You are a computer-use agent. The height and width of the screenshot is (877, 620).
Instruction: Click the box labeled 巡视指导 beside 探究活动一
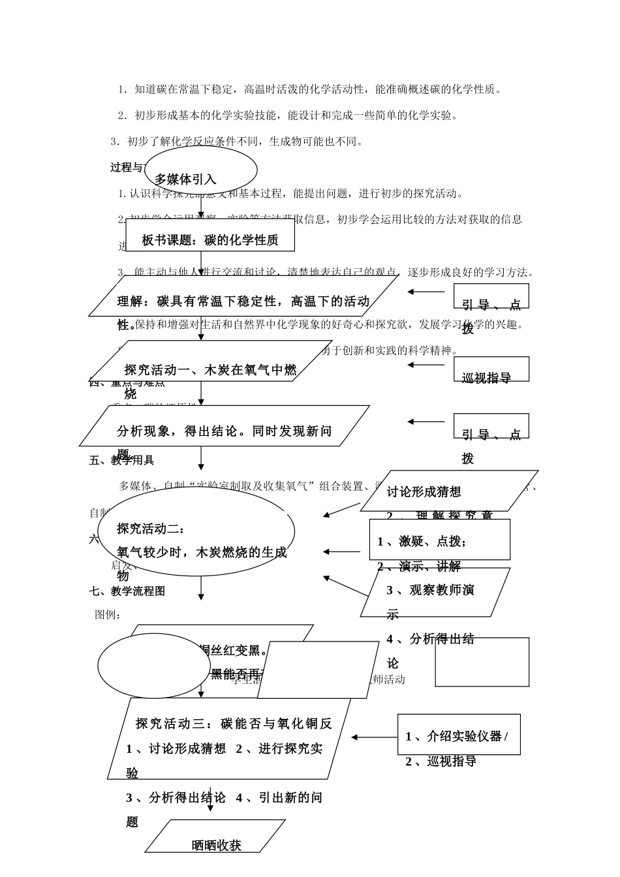pyautogui.click(x=491, y=369)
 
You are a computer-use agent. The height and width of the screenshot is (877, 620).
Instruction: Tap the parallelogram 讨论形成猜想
pyautogui.click(x=449, y=491)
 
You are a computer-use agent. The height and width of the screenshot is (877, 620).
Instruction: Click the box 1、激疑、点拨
pyautogui.click(x=439, y=540)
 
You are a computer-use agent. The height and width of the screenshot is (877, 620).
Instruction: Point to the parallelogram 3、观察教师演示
pyautogui.click(x=435, y=592)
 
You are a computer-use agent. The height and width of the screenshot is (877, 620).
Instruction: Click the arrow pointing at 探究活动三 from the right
pyautogui.click(x=374, y=737)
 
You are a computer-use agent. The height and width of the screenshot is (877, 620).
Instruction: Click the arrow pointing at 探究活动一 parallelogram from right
pyautogui.click(x=426, y=365)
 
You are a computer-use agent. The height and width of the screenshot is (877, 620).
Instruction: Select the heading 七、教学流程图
pyautogui.click(x=127, y=591)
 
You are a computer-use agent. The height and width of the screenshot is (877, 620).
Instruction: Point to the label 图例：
pyautogui.click(x=108, y=615)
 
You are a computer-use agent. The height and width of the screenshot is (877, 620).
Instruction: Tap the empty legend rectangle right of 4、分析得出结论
pyautogui.click(x=482, y=662)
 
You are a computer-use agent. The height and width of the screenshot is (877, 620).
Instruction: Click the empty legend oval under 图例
pyautogui.click(x=145, y=666)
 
